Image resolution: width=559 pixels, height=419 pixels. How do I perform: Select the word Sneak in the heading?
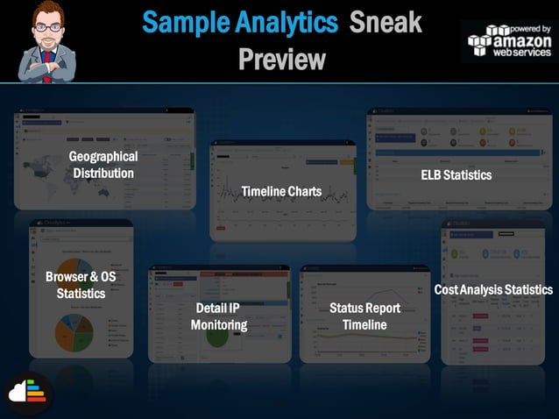coord(386,23)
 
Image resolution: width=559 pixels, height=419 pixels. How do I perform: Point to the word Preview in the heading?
coord(281,59)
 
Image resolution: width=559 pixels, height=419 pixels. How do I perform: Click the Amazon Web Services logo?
coord(509,41)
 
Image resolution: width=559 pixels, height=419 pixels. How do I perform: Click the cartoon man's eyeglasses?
coord(46,27)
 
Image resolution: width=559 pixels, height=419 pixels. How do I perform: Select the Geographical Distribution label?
coord(103,165)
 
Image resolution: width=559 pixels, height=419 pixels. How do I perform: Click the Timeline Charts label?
coord(281,191)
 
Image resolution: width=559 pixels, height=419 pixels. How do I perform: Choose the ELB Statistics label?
coord(456,175)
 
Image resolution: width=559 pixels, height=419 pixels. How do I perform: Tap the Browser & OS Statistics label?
coord(81,285)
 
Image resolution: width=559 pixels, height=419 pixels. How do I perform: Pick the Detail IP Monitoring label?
coord(218,316)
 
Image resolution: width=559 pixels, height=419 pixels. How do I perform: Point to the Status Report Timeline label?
coord(364,316)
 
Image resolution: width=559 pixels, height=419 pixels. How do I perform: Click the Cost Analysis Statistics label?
coord(493,289)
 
